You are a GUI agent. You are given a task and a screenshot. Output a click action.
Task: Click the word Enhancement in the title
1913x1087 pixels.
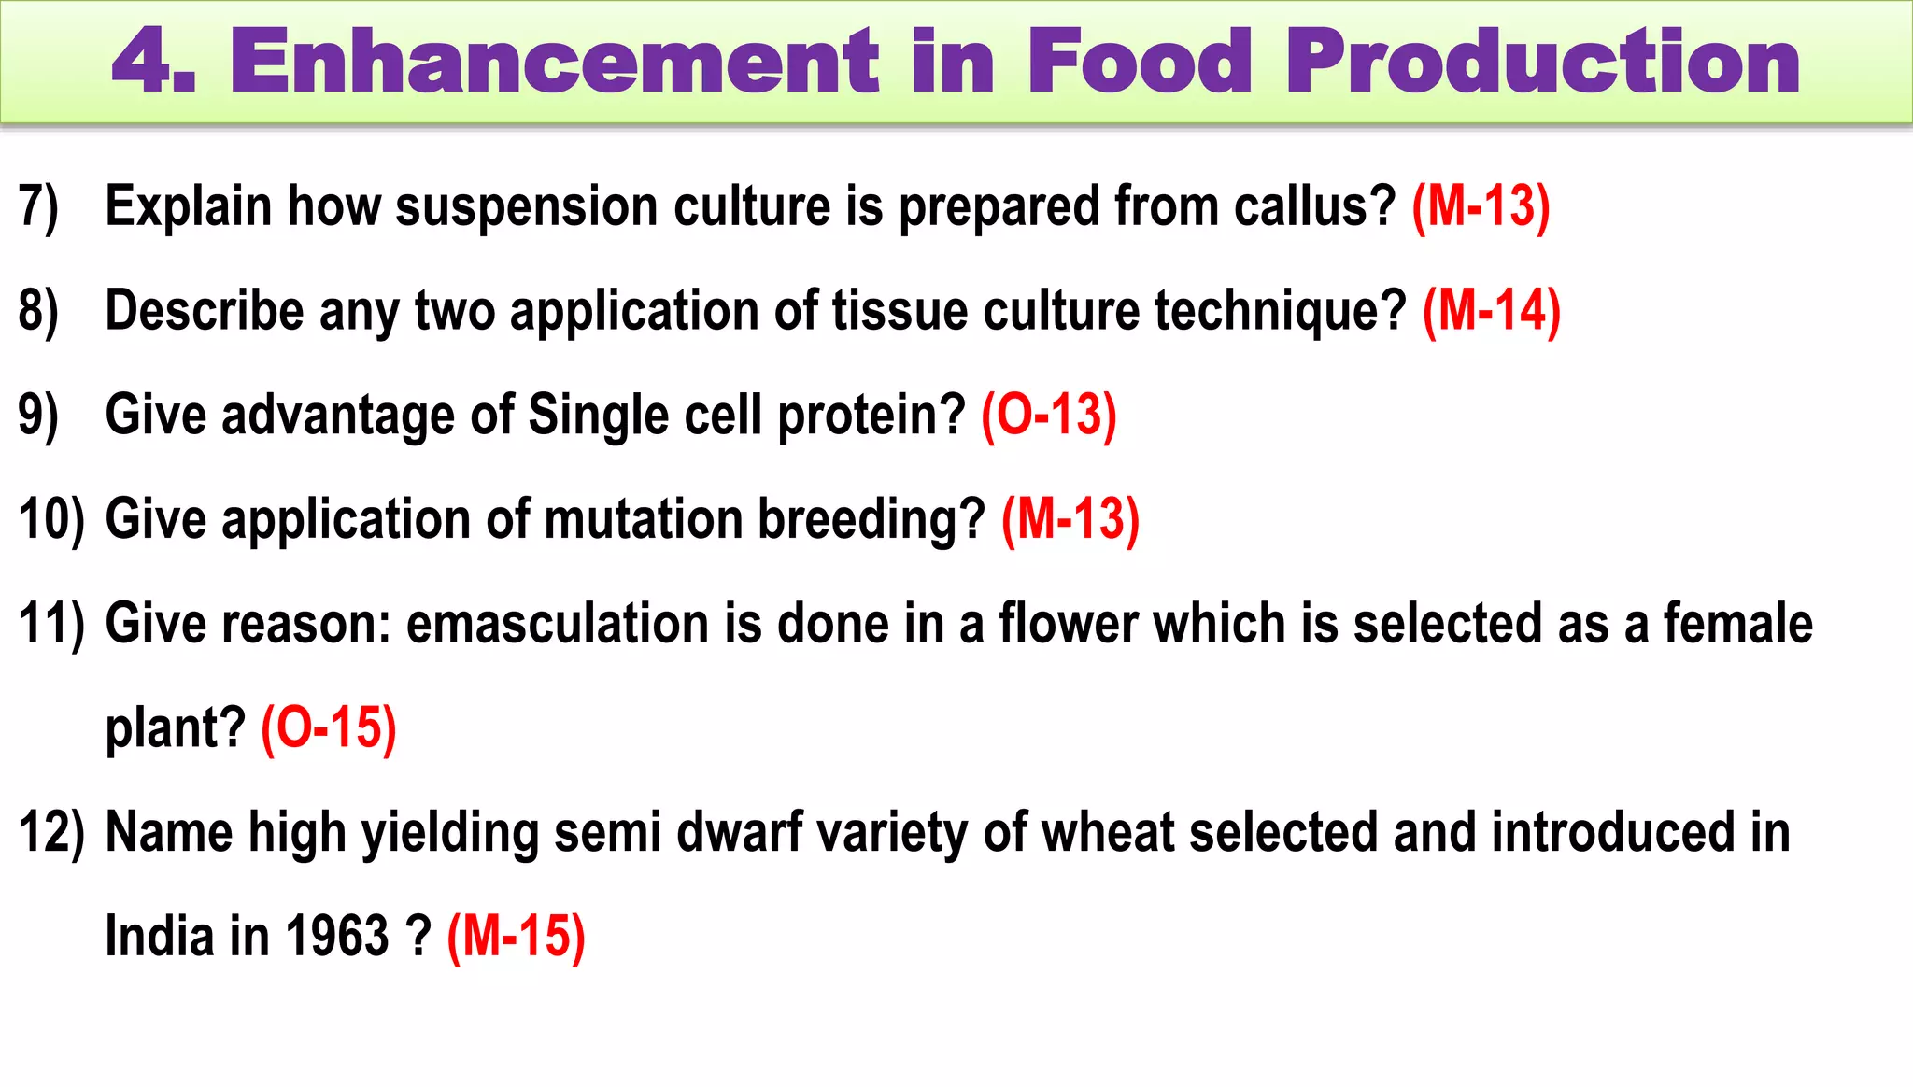point(555,62)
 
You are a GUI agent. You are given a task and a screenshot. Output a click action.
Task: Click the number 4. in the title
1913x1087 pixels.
point(154,62)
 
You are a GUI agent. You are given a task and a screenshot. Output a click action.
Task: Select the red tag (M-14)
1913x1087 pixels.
point(1491,311)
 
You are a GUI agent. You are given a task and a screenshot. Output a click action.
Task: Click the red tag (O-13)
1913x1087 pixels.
point(1048,416)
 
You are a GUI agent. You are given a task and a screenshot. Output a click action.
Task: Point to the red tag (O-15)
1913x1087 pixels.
point(329,728)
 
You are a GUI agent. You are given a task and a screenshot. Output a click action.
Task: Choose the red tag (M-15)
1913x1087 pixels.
point(516,937)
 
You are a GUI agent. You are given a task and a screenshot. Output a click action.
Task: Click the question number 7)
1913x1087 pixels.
point(38,206)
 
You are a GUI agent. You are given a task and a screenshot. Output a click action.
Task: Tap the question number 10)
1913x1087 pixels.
point(51,520)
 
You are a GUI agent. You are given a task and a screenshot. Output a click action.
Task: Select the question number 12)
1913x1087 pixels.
point(51,833)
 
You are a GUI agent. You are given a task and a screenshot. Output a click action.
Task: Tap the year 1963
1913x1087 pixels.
point(336,937)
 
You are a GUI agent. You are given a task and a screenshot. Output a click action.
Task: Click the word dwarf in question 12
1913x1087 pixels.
point(739,833)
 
